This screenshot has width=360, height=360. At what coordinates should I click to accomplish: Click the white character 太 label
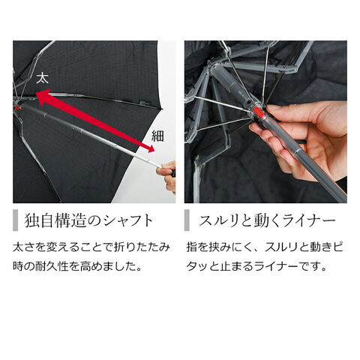42,78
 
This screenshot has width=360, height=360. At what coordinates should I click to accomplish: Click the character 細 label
157,136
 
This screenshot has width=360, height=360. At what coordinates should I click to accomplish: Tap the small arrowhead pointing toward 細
151,148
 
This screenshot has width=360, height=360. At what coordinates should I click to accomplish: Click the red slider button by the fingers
259,112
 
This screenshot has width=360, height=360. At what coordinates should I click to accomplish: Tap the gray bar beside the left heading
16,220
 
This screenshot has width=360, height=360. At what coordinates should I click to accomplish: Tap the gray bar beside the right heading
187,220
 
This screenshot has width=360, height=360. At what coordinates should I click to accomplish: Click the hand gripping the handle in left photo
166,175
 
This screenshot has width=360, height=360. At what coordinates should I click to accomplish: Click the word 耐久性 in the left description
52,267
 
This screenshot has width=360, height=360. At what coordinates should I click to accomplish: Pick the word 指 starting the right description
192,247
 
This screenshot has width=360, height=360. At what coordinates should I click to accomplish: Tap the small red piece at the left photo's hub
17,108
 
